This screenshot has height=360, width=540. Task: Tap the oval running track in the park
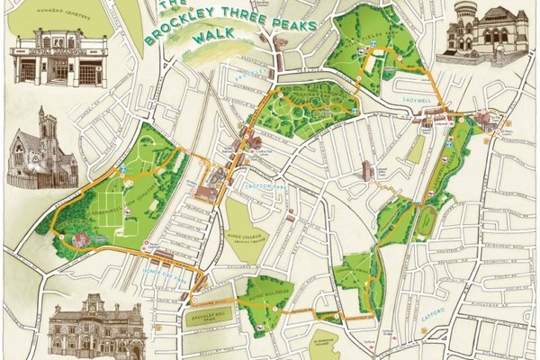424,220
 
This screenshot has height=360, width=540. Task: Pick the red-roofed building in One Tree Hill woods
79,238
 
